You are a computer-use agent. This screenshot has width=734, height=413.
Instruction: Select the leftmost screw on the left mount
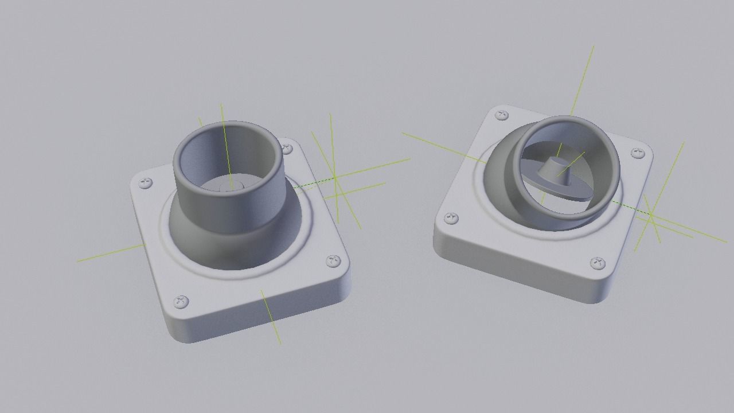pyautogui.click(x=146, y=184)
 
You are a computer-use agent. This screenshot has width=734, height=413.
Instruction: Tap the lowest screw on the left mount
pyautogui.click(x=181, y=301)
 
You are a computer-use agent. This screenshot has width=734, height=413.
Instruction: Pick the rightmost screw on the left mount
pyautogui.click(x=333, y=262)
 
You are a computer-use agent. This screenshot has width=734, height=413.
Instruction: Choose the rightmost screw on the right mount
pyautogui.click(x=638, y=153)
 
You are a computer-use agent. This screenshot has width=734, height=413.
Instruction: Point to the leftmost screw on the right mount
pyautogui.click(x=451, y=218)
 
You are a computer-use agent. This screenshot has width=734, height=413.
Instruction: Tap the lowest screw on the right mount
pyautogui.click(x=598, y=263)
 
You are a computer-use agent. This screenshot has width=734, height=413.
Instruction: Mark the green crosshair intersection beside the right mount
pyautogui.click(x=651, y=216)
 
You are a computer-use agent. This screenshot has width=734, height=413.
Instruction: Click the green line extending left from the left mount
pyautogui.click(x=109, y=254)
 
